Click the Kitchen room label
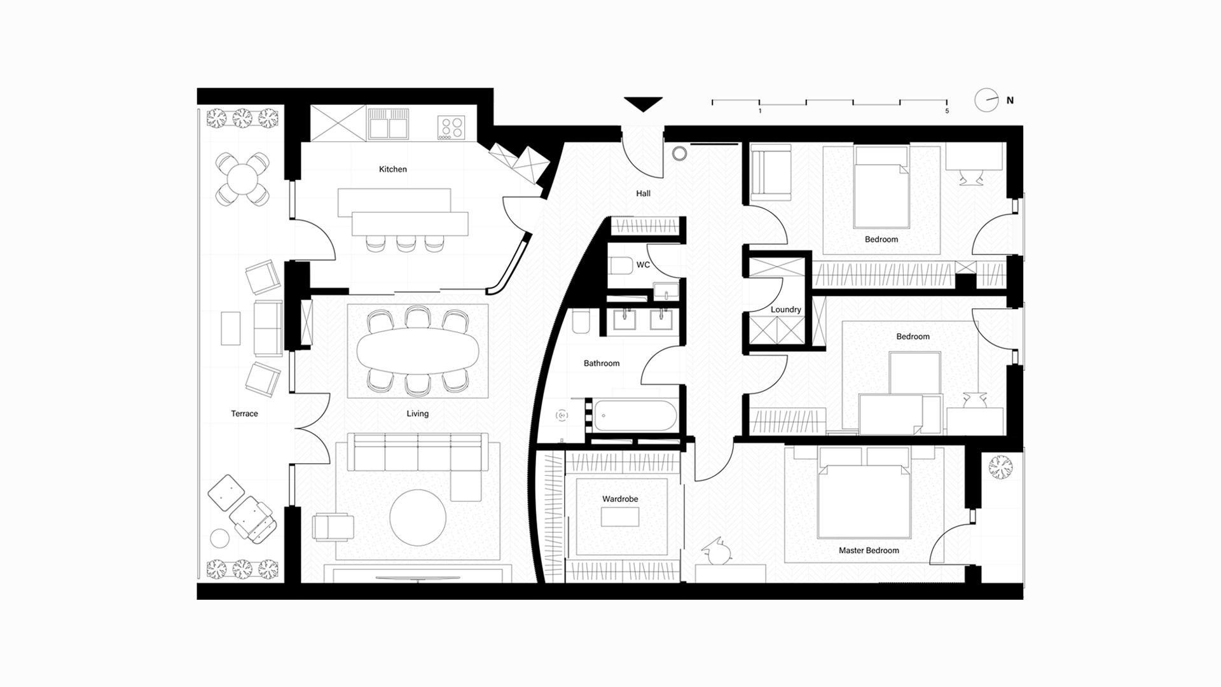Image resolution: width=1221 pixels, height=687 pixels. [392, 169]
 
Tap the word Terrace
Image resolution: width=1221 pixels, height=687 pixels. [244, 413]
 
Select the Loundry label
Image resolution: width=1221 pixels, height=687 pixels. [785, 310]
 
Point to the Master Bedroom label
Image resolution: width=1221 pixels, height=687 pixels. [869, 551]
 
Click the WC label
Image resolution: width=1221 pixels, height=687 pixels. [643, 265]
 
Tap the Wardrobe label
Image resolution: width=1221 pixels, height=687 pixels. [620, 499]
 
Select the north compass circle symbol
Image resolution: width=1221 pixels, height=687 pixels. [986, 100]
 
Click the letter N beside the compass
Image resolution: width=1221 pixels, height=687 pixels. [1010, 101]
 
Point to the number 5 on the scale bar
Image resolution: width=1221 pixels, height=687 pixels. [947, 111]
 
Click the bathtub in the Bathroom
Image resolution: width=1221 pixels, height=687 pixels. [633, 416]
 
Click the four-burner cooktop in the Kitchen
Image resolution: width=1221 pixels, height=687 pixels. [452, 127]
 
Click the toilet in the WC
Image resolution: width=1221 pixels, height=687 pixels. [621, 265]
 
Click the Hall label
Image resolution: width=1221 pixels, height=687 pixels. [643, 193]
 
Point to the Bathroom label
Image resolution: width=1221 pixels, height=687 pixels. [602, 364]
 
